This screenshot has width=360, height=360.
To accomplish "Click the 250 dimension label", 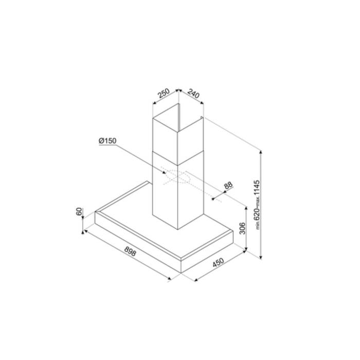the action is click(x=164, y=93).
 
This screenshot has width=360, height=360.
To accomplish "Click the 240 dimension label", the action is click(x=193, y=94).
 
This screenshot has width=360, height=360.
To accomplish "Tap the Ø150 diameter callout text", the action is click(x=107, y=140).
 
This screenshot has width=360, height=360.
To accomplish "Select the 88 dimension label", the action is click(x=228, y=185).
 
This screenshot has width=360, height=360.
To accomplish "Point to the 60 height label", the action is click(x=79, y=211).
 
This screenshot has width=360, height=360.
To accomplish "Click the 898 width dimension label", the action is click(x=130, y=251).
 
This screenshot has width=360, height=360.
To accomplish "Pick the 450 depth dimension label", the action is click(x=218, y=263).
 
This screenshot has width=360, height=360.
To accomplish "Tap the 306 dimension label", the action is click(x=242, y=228).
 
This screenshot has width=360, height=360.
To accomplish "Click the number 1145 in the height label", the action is click(x=257, y=188).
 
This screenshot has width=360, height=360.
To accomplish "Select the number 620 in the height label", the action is click(x=257, y=215).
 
